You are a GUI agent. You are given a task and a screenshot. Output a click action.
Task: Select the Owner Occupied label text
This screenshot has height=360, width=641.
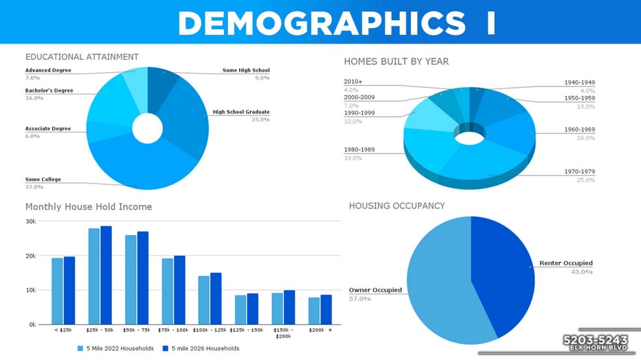point(375,290)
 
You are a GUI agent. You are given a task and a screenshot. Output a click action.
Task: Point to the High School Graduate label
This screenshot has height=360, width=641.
point(241,112)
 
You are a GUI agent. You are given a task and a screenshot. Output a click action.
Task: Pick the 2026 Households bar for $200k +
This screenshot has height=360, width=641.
point(326,310)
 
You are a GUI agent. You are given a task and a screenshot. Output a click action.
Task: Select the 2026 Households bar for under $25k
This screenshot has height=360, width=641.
point(70,290)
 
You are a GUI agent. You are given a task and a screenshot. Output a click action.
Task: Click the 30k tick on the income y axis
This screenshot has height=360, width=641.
point(31,221)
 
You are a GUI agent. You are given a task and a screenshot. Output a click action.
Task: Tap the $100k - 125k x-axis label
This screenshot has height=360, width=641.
point(210,331)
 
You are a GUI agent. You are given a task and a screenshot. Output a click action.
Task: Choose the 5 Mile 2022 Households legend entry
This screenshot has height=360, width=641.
point(115,348)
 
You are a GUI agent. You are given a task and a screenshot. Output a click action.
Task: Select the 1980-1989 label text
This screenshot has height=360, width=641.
point(358,150)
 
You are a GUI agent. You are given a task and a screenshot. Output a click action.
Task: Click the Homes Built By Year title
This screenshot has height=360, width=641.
point(396,62)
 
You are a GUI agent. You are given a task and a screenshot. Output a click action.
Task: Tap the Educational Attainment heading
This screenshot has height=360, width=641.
point(81,57)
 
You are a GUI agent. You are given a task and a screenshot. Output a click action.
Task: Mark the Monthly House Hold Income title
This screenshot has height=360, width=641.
point(89,207)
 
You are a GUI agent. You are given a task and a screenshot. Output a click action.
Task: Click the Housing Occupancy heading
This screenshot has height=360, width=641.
point(397,206)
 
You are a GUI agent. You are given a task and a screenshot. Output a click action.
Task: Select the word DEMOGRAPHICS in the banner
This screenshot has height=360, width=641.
point(321,23)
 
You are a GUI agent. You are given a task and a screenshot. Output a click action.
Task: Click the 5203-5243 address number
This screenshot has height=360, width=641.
point(595,340)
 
